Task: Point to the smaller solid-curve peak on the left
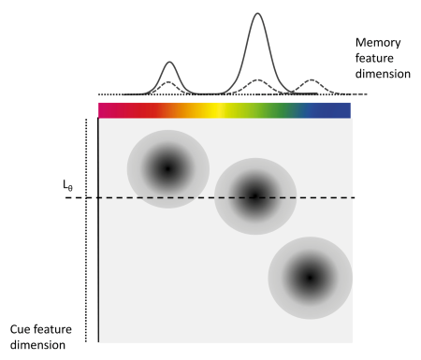169,64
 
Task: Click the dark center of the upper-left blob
167,168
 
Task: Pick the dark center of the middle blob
254,195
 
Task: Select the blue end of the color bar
337,110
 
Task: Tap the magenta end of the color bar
105,110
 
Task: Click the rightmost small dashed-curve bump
312,82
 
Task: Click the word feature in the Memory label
378,58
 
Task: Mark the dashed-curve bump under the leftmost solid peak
168,83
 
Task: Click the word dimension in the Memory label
384,74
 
